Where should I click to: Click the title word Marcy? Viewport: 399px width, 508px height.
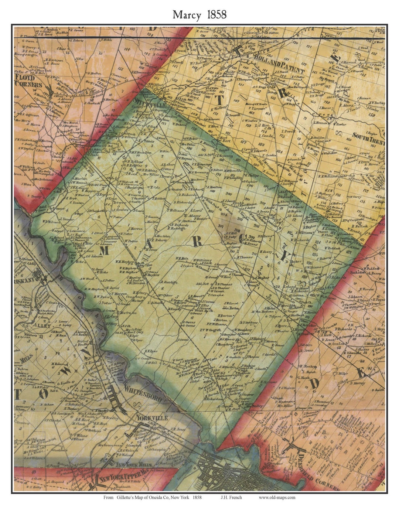(187, 15)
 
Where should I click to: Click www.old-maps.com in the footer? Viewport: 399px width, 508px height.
(277, 497)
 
